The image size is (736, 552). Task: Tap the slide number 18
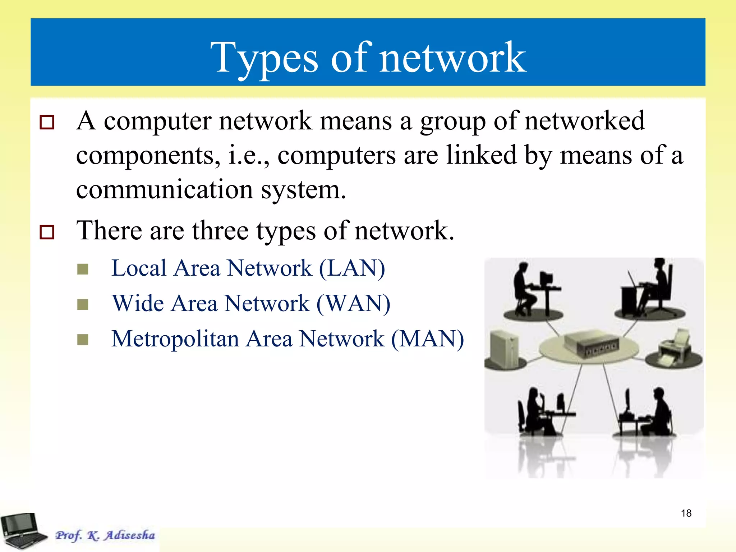686,513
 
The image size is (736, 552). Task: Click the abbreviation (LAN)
352,268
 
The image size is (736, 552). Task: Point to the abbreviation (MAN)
427,339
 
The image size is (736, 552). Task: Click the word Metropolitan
175,339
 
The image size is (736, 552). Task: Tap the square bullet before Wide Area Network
83,304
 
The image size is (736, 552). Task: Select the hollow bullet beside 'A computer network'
47,122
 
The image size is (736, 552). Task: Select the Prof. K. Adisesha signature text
105,535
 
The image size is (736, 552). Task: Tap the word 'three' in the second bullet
220,231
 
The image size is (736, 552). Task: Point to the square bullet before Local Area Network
83,269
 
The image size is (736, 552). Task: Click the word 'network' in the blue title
453,58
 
